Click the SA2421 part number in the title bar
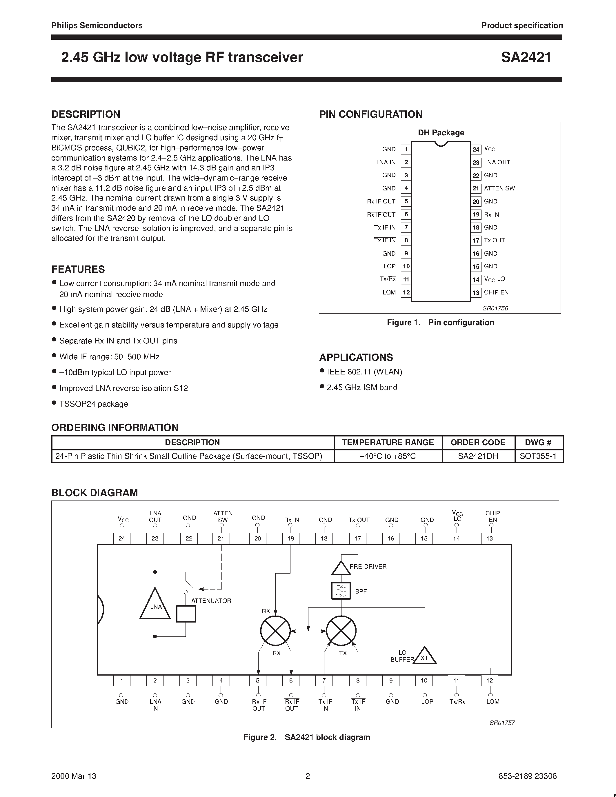[526, 58]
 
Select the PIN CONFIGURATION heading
[371, 114]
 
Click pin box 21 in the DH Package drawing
[476, 188]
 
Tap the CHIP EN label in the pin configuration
[496, 292]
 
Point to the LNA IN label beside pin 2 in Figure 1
[386, 162]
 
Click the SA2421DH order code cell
[478, 456]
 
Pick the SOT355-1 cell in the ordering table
[538, 456]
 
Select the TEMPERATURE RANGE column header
[388, 443]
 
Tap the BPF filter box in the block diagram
[341, 590]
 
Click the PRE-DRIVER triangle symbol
[341, 568]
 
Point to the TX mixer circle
[341, 631]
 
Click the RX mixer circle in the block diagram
[275, 631]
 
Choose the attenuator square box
[186, 614]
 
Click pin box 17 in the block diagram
[358, 538]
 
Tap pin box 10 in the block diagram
[424, 680]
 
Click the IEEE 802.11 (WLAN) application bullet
[364, 372]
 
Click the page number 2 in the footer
[308, 776]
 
